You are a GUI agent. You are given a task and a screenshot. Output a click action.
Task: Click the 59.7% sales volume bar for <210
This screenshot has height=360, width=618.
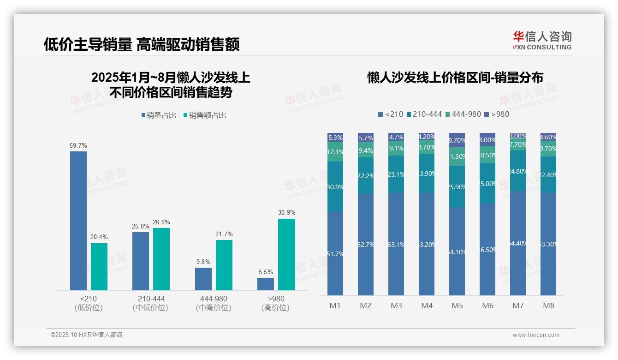[x=78, y=221]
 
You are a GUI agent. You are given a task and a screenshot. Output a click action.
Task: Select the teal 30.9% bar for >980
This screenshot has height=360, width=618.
[x=286, y=254]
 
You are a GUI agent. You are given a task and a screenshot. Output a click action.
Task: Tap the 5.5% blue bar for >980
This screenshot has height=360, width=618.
[x=266, y=284]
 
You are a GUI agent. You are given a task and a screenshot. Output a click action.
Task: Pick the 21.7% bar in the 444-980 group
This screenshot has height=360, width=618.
[x=224, y=265]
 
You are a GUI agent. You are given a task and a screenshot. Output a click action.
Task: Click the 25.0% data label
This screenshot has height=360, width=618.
[x=141, y=227]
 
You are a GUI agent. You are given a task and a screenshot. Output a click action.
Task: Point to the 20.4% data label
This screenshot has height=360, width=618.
[x=99, y=237]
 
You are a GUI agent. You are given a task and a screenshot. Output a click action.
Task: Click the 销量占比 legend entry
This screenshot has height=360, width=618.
[x=159, y=115]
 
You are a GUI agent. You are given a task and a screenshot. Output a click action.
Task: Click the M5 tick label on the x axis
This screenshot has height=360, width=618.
[x=457, y=306]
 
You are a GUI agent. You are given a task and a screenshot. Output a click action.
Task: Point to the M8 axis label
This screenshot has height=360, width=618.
[x=548, y=306]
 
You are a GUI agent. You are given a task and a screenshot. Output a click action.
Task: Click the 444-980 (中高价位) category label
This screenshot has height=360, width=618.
[x=214, y=303]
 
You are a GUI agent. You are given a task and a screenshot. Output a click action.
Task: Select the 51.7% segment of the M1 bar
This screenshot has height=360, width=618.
[x=335, y=253]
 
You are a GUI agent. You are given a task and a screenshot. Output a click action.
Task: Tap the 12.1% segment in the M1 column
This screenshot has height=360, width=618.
[x=335, y=152]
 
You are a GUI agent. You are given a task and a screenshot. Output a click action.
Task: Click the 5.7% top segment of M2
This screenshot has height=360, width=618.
[x=366, y=137]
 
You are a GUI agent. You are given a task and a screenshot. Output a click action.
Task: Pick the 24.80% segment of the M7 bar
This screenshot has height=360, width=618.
[x=518, y=171]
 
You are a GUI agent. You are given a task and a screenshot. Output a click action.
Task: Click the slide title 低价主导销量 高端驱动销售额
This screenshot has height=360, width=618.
[x=142, y=45]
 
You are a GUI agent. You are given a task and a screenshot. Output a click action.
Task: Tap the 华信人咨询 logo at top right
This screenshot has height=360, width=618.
[x=542, y=40]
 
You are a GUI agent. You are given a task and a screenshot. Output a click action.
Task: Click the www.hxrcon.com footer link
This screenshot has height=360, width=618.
[x=536, y=335]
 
